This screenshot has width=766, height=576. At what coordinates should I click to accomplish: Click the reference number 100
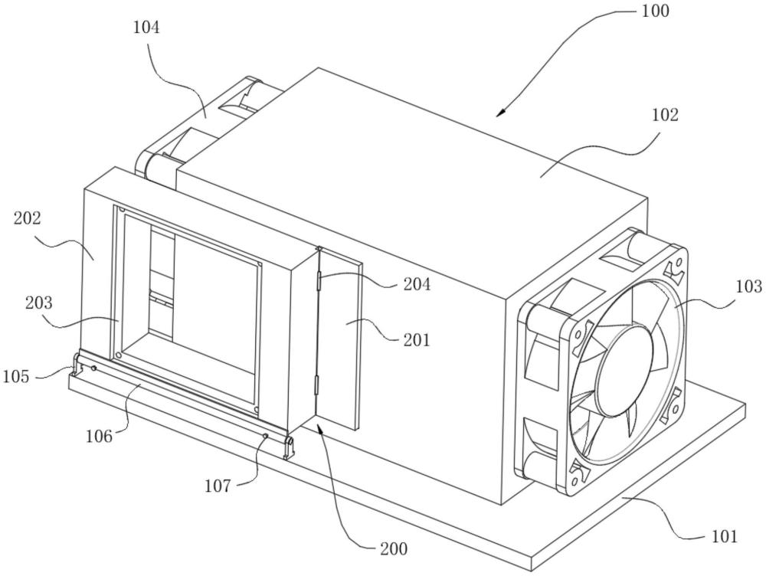pos(655,11)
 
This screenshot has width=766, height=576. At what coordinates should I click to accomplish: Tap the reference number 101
pos(724,536)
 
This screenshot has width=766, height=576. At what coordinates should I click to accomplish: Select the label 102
pos(665,116)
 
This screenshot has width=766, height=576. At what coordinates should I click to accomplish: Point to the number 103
pos(748,286)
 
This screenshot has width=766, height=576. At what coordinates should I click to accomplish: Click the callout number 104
pos(146,28)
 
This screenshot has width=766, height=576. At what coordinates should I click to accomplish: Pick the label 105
pos(16,377)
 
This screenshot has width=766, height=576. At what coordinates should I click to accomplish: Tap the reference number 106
pos(99,435)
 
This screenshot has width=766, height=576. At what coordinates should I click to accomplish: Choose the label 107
pos(218,486)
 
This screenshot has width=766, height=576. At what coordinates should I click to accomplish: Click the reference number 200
pos(394,549)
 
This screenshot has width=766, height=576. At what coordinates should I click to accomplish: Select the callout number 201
pos(417,339)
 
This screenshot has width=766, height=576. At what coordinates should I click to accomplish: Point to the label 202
pos(28,218)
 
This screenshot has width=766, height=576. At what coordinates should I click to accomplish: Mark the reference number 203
pos(38,303)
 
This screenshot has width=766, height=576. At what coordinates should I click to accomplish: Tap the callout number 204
pos(417,284)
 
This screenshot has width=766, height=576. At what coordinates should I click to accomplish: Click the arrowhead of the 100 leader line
pos(499,113)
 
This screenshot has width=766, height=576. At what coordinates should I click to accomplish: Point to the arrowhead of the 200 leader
pos(319,428)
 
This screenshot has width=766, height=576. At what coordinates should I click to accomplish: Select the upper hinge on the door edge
pos(319,283)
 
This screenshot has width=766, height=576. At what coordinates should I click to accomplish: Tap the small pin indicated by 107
pos(265,436)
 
